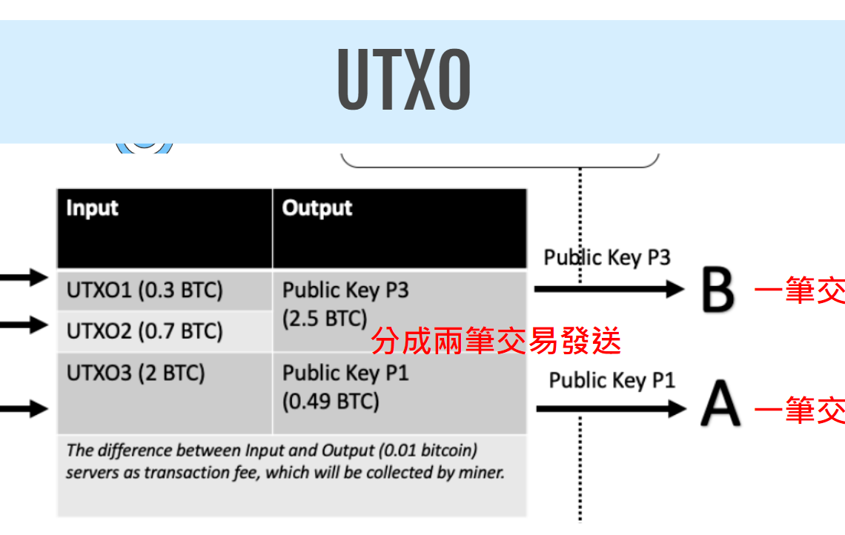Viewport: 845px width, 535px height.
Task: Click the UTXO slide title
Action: tap(404, 80)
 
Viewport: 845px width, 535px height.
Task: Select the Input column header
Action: tap(92, 208)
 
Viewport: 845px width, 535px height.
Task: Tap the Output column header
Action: tap(317, 208)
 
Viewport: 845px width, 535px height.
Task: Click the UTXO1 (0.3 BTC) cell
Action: tap(145, 290)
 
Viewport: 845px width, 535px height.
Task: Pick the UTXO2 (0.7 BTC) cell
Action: tap(145, 330)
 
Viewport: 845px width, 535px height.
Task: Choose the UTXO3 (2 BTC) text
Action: tap(136, 373)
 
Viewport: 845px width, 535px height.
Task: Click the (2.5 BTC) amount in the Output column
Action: tap(325, 319)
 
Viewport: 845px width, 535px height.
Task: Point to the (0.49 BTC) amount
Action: tap(331, 402)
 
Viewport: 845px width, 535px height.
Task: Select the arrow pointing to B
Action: tap(609, 289)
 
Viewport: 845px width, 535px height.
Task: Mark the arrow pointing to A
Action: tap(611, 408)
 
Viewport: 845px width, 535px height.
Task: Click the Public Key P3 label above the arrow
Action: tap(607, 258)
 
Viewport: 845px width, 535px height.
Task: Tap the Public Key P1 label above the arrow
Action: tap(612, 381)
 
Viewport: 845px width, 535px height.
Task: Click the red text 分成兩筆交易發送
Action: tap(495, 342)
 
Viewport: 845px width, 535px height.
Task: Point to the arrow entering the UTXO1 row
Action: tap(24, 279)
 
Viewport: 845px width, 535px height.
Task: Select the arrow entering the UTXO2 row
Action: tap(24, 325)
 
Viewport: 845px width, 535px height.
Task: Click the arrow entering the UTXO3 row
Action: tap(24, 408)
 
